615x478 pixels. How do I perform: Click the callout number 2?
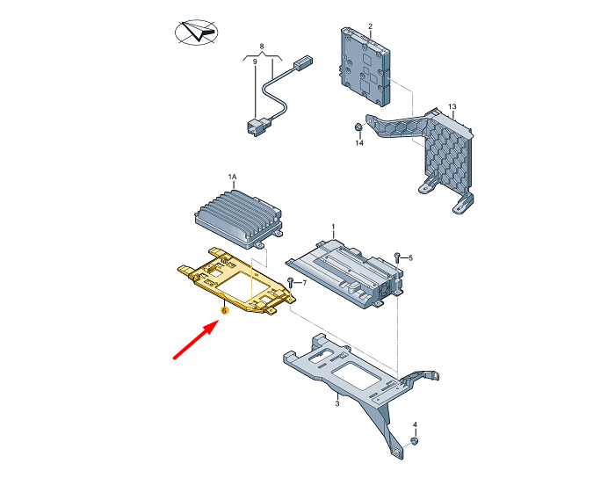coord(370,26)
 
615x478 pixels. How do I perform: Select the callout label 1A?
coord(233,177)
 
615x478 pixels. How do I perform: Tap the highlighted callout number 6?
coord(224,310)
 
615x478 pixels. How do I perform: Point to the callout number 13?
coord(452,106)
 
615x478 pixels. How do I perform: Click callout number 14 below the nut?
coord(359,143)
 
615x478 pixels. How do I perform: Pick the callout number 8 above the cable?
coord(262,47)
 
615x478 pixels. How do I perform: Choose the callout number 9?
coord(255,62)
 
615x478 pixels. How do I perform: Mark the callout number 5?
coord(410,258)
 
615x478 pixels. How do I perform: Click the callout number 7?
coord(304,283)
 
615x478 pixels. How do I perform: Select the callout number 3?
coord(337,403)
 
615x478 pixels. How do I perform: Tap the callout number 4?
coord(415,424)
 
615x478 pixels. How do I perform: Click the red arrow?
coord(195,339)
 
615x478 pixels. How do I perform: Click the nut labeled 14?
coord(358,127)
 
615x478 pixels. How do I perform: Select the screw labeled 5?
coord(396,258)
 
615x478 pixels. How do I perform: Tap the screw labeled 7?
coord(291,283)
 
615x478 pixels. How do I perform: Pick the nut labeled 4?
coord(415,441)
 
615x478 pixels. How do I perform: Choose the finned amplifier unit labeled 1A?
coord(238,219)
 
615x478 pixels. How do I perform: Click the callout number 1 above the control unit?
coord(333,227)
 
